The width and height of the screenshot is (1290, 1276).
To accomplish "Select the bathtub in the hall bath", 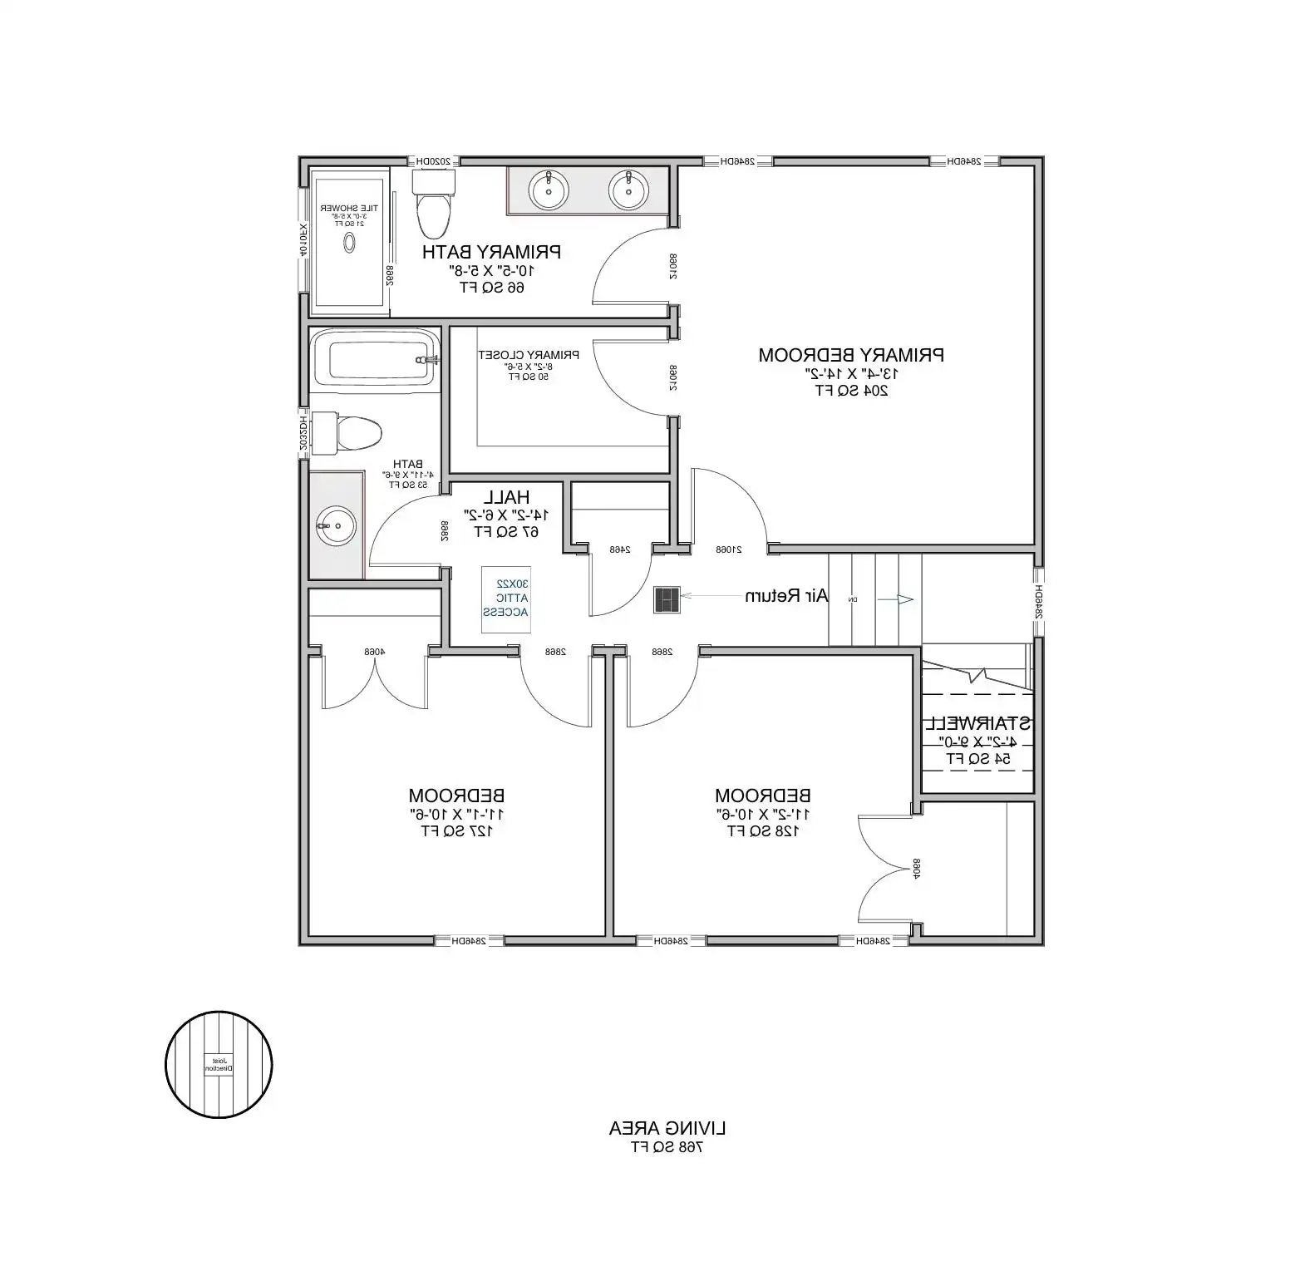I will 374,360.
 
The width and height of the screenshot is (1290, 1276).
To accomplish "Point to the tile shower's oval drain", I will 350,242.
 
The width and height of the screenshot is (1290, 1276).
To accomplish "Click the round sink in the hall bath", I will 336,525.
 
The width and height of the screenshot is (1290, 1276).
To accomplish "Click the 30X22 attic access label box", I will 506,599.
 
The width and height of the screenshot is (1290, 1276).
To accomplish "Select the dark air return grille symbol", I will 667,599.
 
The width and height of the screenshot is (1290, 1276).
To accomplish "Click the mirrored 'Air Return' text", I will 786,596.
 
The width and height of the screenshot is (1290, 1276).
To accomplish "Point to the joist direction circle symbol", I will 219,1064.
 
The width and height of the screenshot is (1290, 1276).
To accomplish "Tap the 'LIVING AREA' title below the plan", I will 667,1128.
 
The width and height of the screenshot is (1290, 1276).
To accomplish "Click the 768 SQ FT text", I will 667,1147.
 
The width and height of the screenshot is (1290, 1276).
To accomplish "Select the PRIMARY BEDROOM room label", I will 851,355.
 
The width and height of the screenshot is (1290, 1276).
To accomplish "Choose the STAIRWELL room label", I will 978,723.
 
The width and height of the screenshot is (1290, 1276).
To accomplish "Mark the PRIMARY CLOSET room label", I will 529,355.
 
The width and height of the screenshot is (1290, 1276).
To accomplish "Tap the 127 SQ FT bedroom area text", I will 456,830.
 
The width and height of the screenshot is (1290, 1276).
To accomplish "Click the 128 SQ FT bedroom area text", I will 763,830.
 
